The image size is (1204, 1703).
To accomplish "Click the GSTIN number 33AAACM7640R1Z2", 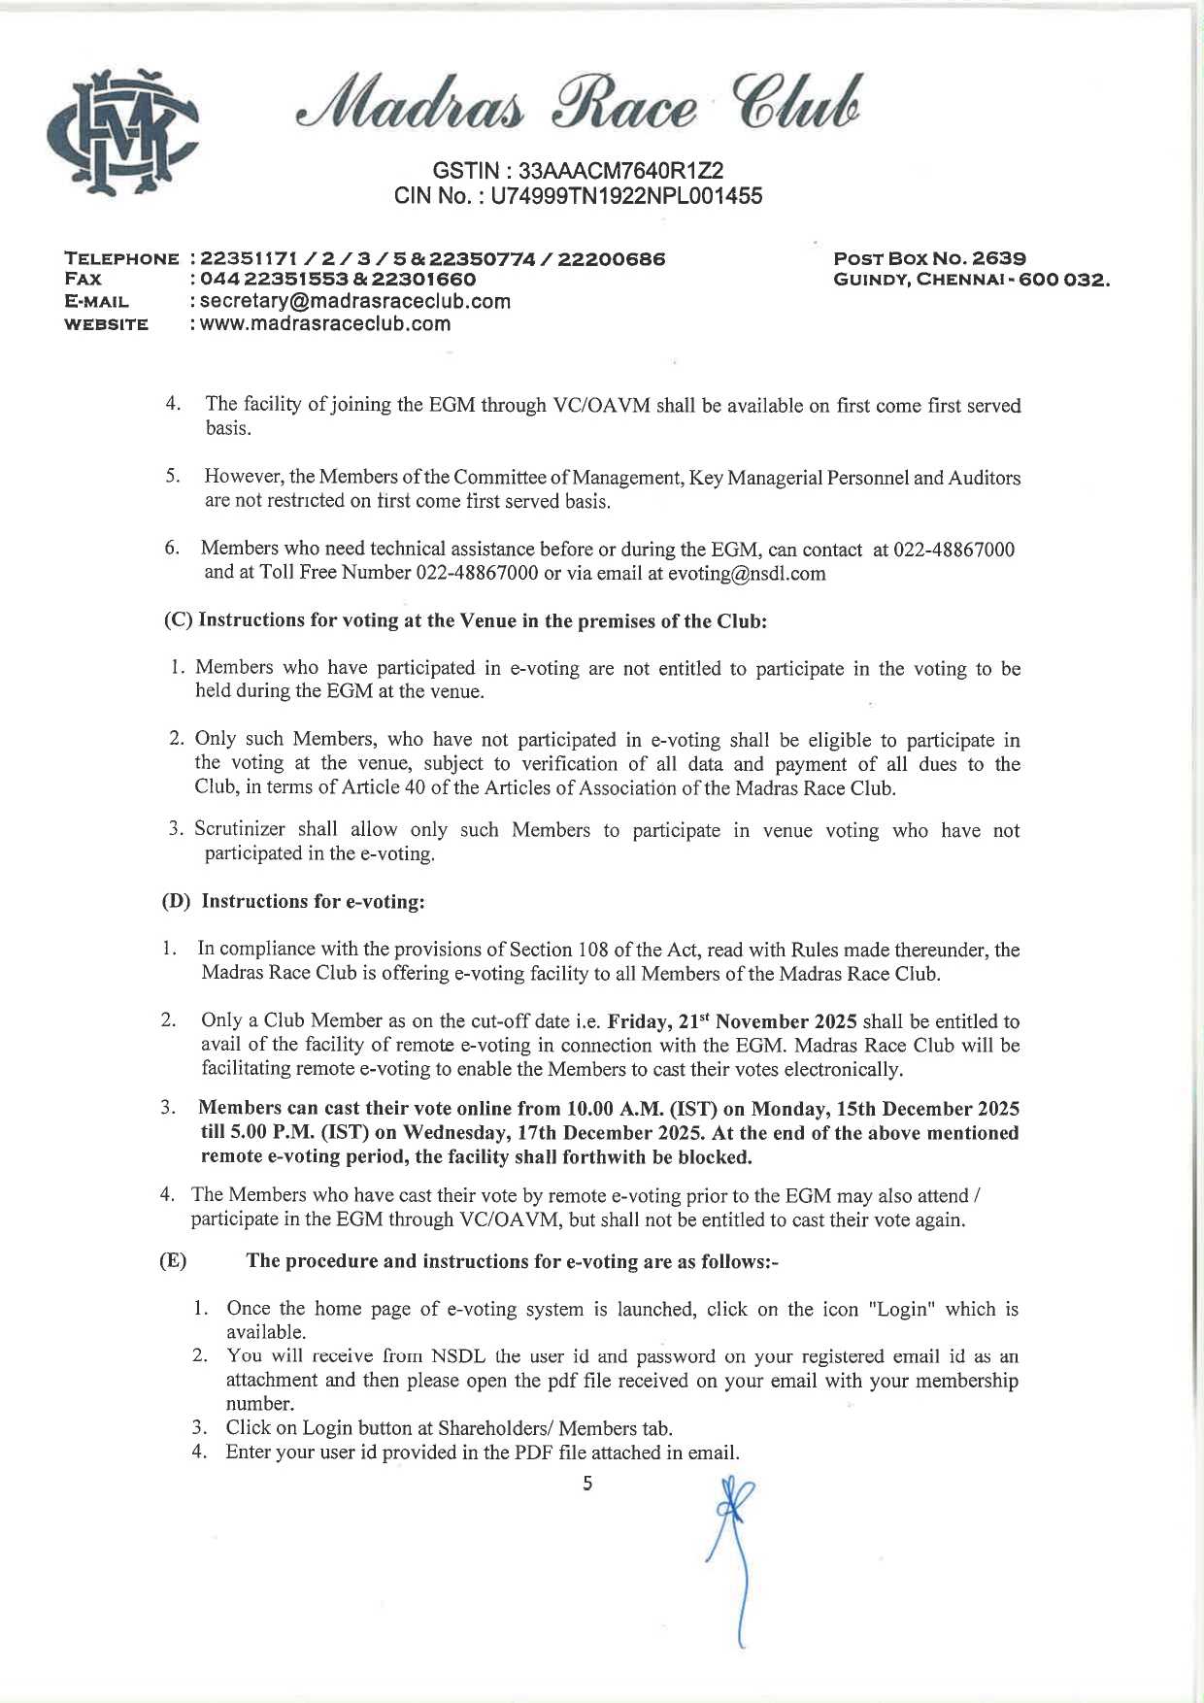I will pyautogui.click(x=620, y=170).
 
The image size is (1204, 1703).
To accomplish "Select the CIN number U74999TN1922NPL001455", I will pyautogui.click(x=626, y=196).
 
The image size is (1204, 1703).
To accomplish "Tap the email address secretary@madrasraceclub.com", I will pyautogui.click(x=355, y=301).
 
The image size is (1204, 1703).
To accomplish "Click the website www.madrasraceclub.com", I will pyautogui.click(x=325, y=324).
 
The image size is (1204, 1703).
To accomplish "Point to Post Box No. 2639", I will pyautogui.click(x=929, y=258).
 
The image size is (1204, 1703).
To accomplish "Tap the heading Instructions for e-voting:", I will pyautogui.click(x=313, y=902).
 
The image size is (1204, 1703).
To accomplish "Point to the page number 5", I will pyautogui.click(x=587, y=1484).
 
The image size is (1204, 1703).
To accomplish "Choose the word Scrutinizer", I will pyautogui.click(x=240, y=830).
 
